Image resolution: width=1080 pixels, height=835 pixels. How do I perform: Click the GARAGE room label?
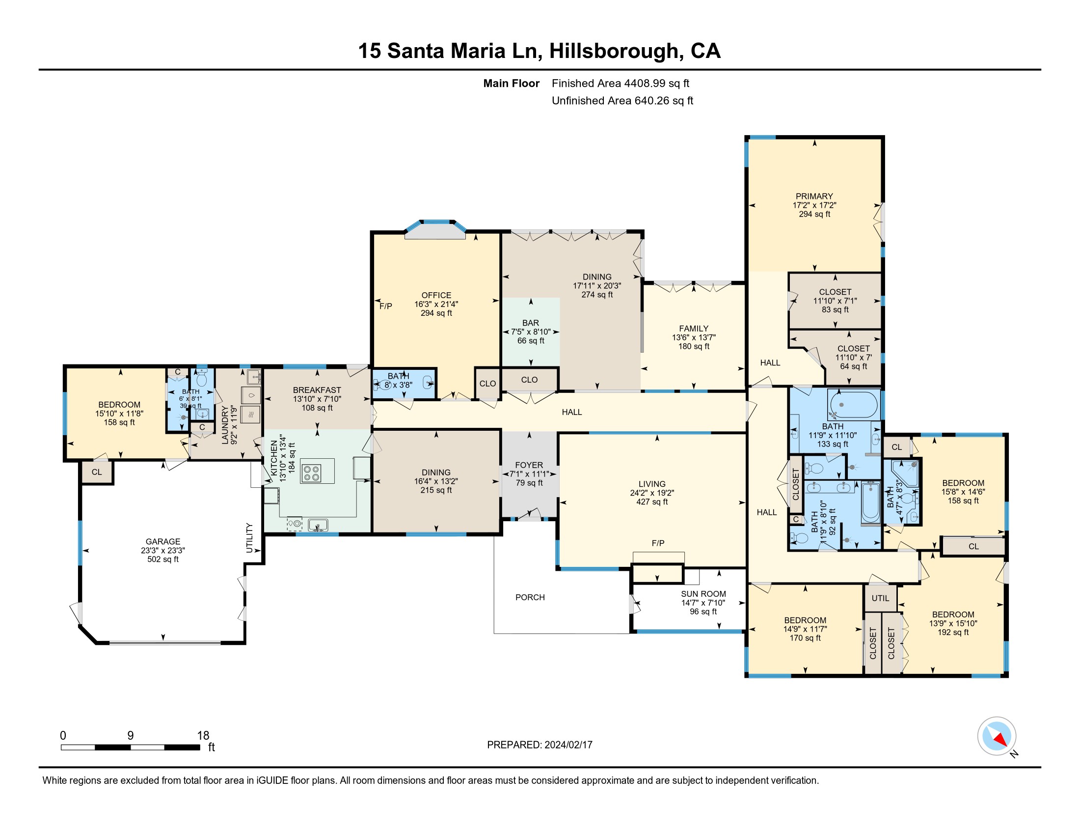point(162,542)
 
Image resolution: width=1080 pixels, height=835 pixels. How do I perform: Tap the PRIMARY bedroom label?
point(814,196)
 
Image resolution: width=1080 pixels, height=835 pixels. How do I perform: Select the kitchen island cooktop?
point(311,473)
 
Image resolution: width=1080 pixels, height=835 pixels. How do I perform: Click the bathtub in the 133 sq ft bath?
point(854,405)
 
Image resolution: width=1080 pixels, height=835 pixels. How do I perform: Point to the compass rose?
point(997,736)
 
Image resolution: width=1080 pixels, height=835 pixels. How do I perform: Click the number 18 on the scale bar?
point(203,736)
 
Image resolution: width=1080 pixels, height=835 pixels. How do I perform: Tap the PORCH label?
point(530,598)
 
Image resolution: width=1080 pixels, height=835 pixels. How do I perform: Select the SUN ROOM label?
point(703,594)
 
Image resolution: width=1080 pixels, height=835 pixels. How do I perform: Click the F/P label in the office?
point(386,306)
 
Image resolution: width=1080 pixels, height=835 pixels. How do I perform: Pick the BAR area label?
point(531,323)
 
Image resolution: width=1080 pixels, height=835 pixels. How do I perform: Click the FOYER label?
point(529,466)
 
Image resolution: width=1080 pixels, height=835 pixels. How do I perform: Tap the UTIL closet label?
point(880,599)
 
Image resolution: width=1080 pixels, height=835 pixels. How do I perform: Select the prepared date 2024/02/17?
point(568,745)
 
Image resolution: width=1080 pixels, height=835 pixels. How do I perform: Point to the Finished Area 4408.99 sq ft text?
point(621,83)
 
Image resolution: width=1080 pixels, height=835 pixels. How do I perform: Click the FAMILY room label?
point(693,329)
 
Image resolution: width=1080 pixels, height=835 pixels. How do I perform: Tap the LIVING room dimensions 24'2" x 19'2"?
point(652,493)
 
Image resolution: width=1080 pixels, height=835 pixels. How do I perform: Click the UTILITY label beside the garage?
point(250,538)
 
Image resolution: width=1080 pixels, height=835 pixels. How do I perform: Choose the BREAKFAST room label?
point(317,390)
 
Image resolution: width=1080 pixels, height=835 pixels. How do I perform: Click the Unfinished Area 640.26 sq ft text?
point(622,101)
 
